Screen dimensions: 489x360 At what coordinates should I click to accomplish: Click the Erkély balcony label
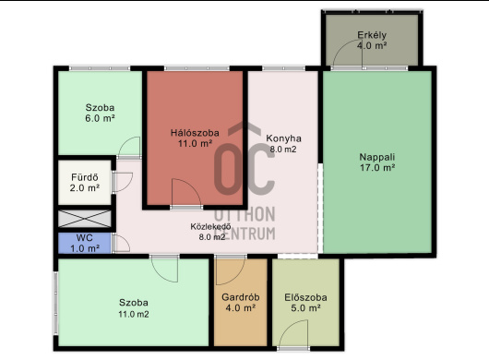pos(372,35)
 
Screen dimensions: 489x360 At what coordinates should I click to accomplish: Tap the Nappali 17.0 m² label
pos(377,162)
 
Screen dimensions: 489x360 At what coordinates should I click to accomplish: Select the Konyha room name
pos(283,138)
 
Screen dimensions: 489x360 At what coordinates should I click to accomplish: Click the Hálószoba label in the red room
pos(195,133)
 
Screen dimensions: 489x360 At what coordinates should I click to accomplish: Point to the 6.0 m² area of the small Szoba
pos(100,118)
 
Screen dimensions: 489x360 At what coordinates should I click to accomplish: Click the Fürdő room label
pos(85,177)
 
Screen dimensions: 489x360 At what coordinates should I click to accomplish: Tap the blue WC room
pos(85,243)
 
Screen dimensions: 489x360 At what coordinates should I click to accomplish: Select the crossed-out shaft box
pos(85,219)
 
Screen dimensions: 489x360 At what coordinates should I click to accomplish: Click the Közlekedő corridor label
pos(210,226)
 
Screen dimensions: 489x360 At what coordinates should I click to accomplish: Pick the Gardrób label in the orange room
pos(241,297)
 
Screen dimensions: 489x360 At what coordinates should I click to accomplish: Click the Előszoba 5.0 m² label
pos(305,303)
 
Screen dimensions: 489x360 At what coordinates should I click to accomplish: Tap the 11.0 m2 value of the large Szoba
pos(134,314)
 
